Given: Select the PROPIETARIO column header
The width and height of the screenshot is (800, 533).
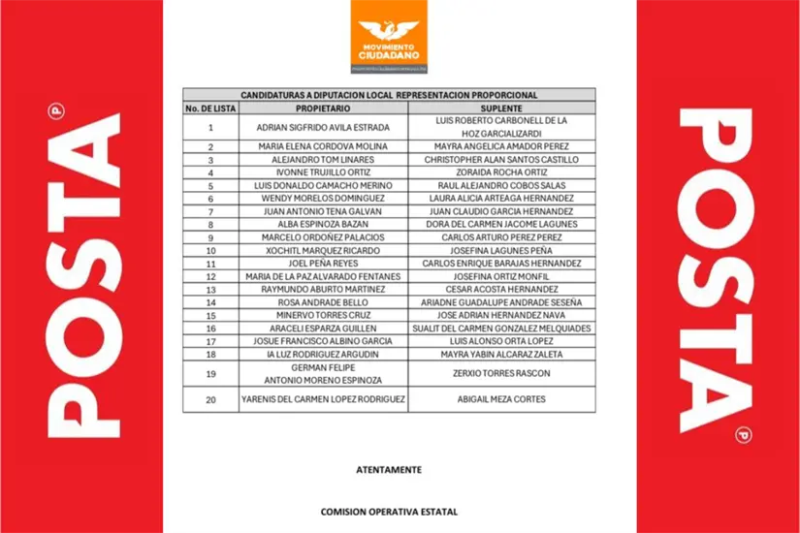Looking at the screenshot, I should pos(323,108).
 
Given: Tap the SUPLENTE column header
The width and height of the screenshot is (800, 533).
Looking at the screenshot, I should pos(501,108).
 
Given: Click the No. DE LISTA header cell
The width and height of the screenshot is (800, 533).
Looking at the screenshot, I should pos(210,108).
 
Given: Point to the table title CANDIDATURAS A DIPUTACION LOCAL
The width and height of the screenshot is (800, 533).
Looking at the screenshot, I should pos(388,95).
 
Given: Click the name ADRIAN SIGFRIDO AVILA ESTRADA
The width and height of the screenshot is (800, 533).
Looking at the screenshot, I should pos(323,127).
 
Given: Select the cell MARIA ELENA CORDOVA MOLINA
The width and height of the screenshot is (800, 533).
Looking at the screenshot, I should pos(323,146).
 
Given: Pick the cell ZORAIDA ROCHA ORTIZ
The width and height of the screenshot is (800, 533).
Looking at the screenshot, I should pos(501,172).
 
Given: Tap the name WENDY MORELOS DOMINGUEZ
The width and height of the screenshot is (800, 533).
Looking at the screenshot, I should pos(323,198).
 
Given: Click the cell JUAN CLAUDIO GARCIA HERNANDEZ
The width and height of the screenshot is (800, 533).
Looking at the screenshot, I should pos(501,210).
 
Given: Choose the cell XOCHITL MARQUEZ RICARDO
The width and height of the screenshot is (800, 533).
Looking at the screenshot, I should pos(323,250).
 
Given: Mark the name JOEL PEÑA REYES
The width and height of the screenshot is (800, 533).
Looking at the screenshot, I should pos(323,263).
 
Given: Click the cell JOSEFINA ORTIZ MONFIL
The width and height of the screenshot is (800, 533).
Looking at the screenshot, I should pos(501,276).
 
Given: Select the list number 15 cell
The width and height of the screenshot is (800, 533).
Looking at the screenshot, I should pos(210,315).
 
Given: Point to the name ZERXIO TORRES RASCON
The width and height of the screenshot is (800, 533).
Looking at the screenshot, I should pos(501,374).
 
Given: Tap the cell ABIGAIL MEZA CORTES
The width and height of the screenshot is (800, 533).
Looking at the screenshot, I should pos(501,399).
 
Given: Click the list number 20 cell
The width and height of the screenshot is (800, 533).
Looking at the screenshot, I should pos(210,399).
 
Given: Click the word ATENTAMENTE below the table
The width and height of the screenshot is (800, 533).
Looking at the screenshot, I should pos(389,469).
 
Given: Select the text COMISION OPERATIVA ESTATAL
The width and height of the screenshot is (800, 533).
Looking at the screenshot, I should pos(389,511).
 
